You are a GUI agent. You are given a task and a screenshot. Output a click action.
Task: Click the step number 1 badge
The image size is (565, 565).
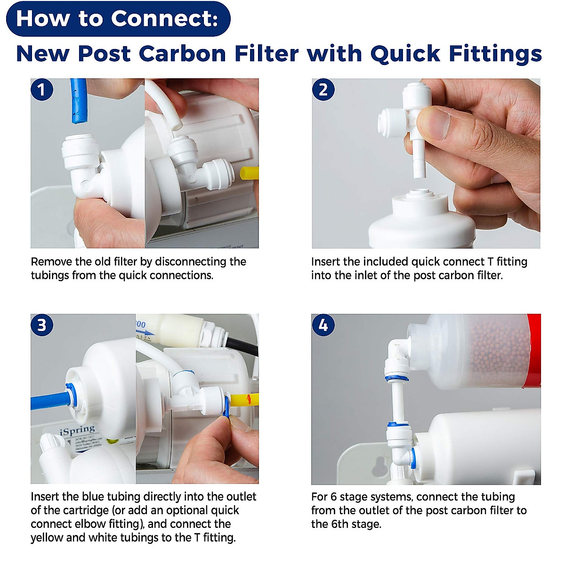[x=42, y=89]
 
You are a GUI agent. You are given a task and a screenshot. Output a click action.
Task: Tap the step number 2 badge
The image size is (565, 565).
[x=323, y=89]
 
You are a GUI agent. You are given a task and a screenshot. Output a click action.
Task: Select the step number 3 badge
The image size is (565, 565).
[x=42, y=325]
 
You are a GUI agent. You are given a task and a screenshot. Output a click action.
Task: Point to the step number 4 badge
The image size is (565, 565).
[x=323, y=325]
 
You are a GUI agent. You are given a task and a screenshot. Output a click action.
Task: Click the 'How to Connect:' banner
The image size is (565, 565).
[x=118, y=19]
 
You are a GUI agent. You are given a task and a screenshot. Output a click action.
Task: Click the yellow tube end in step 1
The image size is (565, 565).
[x=249, y=173]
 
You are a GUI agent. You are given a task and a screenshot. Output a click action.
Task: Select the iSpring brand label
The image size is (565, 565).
[x=78, y=430]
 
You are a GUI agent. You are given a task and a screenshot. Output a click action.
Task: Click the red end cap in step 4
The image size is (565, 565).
[x=534, y=351]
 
